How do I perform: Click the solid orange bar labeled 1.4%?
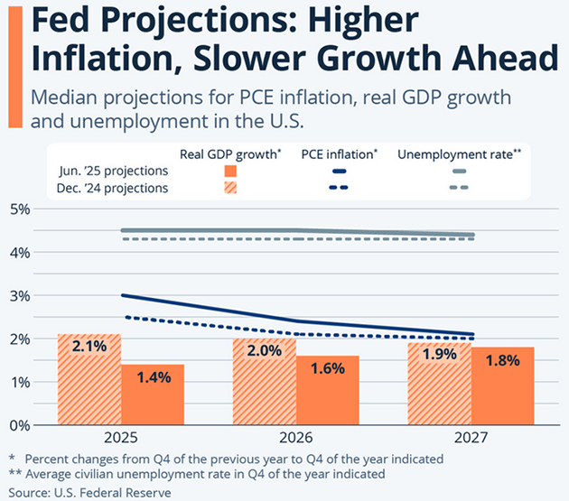(x=153, y=394)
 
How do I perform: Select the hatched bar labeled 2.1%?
(x=89, y=379)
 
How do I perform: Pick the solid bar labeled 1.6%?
(x=328, y=390)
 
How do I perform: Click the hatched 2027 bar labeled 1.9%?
(x=439, y=384)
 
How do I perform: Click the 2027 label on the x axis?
(x=471, y=439)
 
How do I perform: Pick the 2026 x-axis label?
(x=295, y=439)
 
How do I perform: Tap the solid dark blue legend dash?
(x=340, y=172)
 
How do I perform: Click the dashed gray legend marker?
(x=458, y=189)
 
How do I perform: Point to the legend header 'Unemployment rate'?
(x=460, y=154)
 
